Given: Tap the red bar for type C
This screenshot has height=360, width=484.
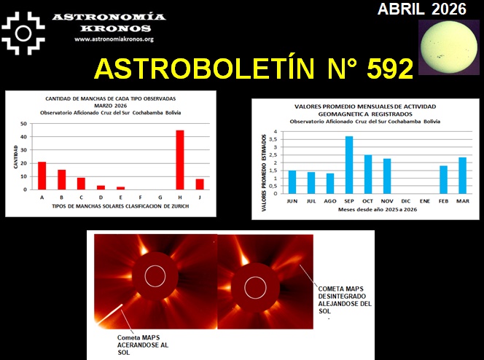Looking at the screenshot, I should pyautogui.click(x=81, y=184).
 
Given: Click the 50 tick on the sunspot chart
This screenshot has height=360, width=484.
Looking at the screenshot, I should pyautogui.click(x=24, y=124).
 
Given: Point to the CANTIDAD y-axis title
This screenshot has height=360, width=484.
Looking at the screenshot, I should pyautogui.click(x=15, y=157).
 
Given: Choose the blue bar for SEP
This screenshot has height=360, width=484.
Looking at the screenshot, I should pyautogui.click(x=349, y=165).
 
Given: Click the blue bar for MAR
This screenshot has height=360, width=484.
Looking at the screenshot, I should pyautogui.click(x=462, y=175).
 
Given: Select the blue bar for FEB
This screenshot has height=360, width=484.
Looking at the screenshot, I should pyautogui.click(x=443, y=179).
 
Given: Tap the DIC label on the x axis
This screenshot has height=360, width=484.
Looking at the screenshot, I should pyautogui.click(x=405, y=200).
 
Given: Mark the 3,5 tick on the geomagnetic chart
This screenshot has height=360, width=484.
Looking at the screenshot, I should pyautogui.click(x=275, y=140).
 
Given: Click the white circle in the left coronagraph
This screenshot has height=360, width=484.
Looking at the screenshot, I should pyautogui.click(x=155, y=276).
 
